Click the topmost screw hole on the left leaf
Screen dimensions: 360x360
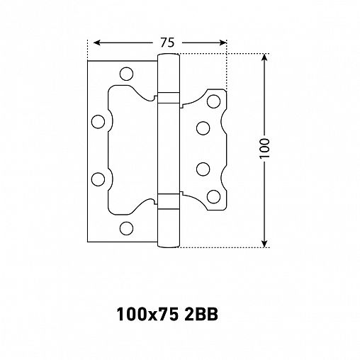pos(127,72)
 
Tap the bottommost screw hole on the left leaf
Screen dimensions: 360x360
pos(127,227)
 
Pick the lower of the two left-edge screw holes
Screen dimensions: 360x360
pos(99,178)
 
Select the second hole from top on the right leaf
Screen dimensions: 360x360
pos(203,128)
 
